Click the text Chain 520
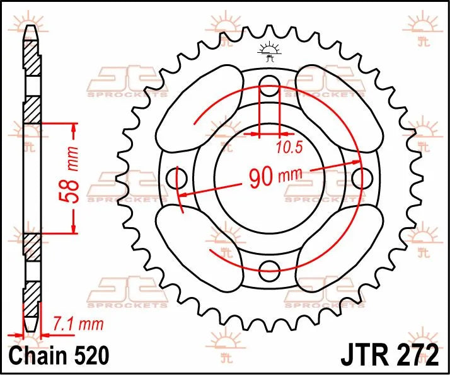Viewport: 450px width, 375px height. click(54, 355)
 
